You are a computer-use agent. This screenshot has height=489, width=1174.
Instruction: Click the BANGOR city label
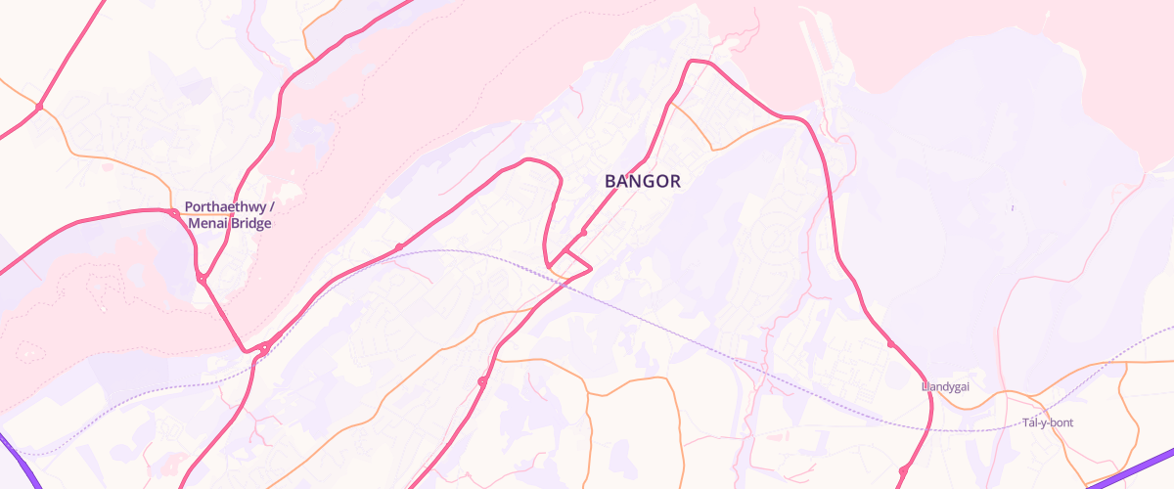[x=642, y=181]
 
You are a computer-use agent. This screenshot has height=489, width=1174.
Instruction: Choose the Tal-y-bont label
[x=1048, y=422]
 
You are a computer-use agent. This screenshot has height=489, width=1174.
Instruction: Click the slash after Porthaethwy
[x=272, y=207]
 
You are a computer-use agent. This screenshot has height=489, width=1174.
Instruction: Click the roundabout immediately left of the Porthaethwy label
[x=173, y=212]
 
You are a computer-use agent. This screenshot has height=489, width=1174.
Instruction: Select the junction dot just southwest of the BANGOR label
[x=583, y=233]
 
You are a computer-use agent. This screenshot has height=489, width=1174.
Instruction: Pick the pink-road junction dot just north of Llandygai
[x=890, y=344]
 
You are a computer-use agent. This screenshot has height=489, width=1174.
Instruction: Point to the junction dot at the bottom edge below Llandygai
[x=902, y=471]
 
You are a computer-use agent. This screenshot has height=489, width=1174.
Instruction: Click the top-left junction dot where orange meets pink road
[x=39, y=106]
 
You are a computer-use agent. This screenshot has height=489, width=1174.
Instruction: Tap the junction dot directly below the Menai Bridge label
[x=201, y=280]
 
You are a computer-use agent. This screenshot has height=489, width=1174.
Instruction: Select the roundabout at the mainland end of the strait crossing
[x=264, y=347]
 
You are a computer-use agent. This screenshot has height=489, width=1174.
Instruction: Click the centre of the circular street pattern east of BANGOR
[x=774, y=238]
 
